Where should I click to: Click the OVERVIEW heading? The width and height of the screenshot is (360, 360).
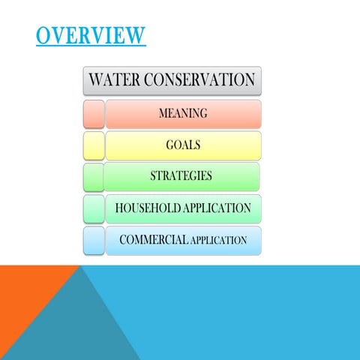click(90, 34)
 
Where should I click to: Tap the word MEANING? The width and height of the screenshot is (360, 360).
click(183, 114)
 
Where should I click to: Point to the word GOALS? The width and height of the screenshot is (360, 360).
click(183, 145)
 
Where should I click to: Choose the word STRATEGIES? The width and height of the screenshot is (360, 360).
click(181, 176)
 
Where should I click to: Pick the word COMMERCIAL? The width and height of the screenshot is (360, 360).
click(152, 240)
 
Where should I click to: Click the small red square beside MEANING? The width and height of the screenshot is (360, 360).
click(94, 114)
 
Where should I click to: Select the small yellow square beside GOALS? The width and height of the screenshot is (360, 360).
click(94, 145)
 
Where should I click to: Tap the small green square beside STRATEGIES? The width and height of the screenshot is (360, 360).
click(94, 176)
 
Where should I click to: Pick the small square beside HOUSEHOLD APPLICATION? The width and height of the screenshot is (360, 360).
click(94, 208)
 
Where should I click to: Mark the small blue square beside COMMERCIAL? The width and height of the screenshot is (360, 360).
click(94, 240)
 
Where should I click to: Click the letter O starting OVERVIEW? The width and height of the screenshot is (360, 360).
click(43, 34)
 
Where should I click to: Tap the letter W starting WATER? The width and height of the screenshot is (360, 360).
click(97, 79)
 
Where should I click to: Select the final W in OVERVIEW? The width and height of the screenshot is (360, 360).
click(136, 34)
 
